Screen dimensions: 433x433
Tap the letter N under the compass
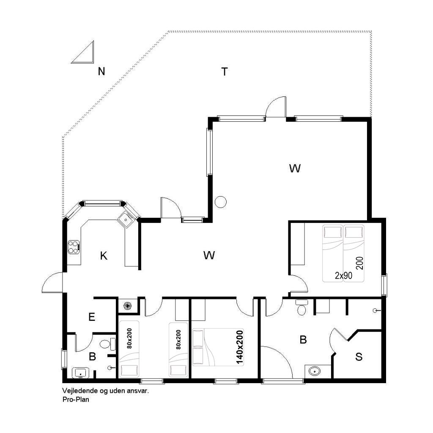click(x=101, y=71)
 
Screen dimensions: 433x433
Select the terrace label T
click(x=225, y=71)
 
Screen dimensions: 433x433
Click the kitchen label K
click(x=104, y=256)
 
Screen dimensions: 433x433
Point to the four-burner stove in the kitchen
click(x=74, y=247)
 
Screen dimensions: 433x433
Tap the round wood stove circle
click(x=221, y=202)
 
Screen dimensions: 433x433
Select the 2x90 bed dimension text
click(x=343, y=275)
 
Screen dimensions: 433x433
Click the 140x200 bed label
click(x=239, y=347)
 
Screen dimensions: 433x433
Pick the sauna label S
click(x=359, y=357)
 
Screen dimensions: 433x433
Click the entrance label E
click(x=92, y=317)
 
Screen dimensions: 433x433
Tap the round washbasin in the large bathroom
click(x=314, y=371)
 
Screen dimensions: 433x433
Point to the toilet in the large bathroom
click(x=301, y=307)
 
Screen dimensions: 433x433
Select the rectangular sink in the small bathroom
click(x=81, y=373)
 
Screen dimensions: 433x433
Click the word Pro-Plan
click(x=76, y=399)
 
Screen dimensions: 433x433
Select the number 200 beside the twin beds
click(x=359, y=263)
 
